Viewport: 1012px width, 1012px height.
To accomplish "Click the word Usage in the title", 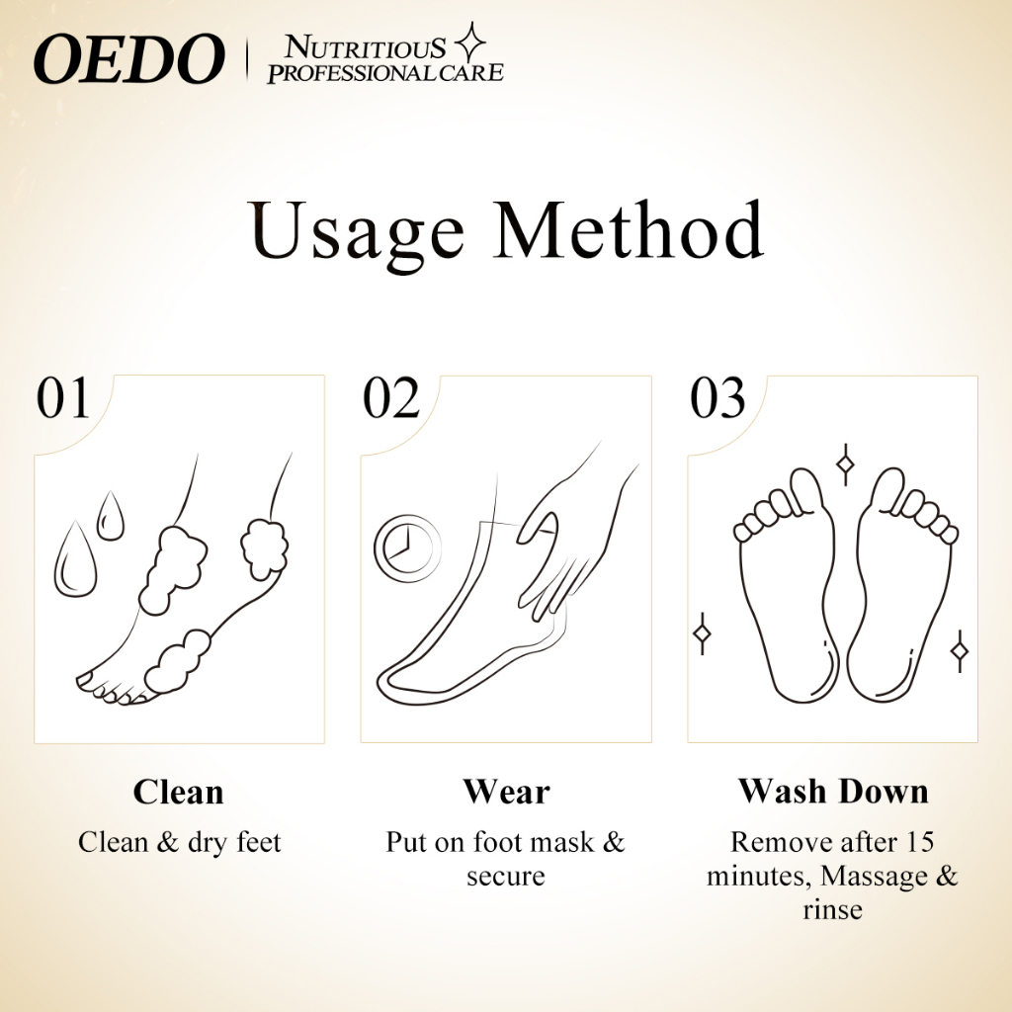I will pyautogui.click(x=358, y=231).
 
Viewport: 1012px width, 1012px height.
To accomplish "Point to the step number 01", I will pyautogui.click(x=63, y=399).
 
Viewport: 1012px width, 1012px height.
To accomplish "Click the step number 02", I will pyautogui.click(x=391, y=399).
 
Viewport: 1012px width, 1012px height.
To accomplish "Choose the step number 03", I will pyautogui.click(x=717, y=399).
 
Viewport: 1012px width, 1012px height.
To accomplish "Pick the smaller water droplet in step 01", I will pyautogui.click(x=111, y=517).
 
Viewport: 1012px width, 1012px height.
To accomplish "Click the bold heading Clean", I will pyautogui.click(x=179, y=792).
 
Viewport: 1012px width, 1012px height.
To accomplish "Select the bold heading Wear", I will pyautogui.click(x=506, y=792).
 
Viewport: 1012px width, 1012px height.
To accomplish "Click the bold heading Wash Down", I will pyautogui.click(x=833, y=792).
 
